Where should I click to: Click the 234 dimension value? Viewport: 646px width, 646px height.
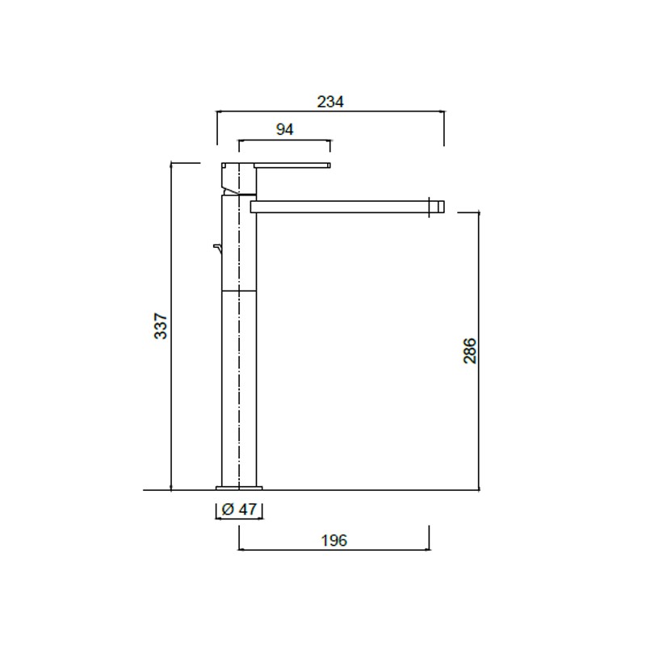click(x=330, y=102)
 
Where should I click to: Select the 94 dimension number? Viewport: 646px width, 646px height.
click(x=285, y=129)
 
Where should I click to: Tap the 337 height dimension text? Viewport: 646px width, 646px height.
click(x=160, y=326)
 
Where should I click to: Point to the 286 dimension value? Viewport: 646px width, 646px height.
click(x=470, y=350)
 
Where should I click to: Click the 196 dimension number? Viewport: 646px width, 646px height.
click(x=334, y=540)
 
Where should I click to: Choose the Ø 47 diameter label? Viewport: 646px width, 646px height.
click(x=239, y=510)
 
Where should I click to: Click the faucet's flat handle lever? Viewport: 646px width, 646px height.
click(x=292, y=166)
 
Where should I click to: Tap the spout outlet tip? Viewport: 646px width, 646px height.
click(x=437, y=207)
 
